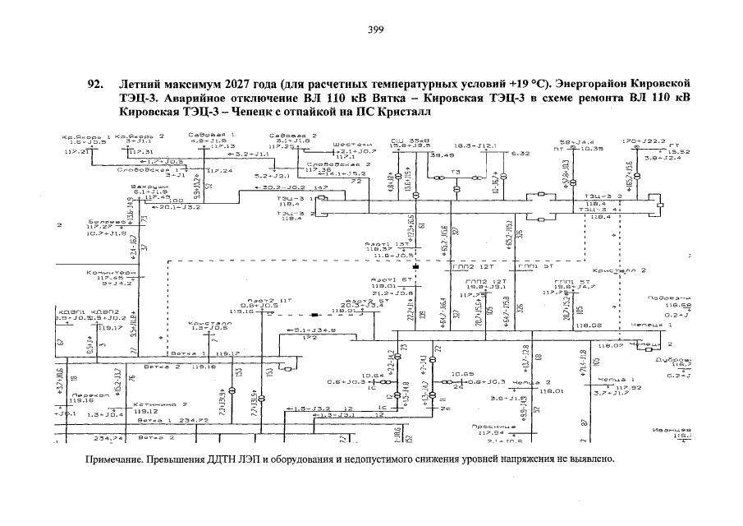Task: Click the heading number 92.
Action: coord(95,85)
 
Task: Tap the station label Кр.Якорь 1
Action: coord(85,136)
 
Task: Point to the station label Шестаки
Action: coord(348,145)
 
